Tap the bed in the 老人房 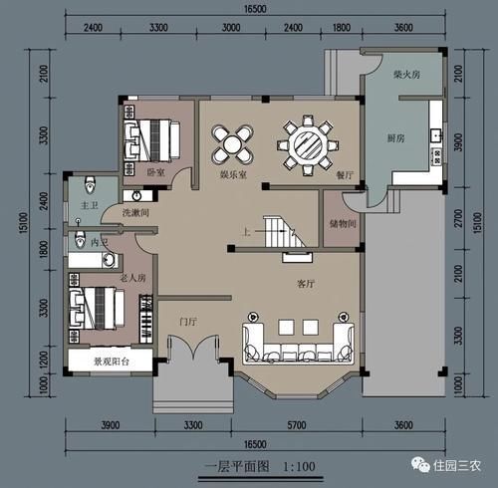pos(96,305)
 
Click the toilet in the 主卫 pos(91,183)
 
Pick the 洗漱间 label pos(135,212)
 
